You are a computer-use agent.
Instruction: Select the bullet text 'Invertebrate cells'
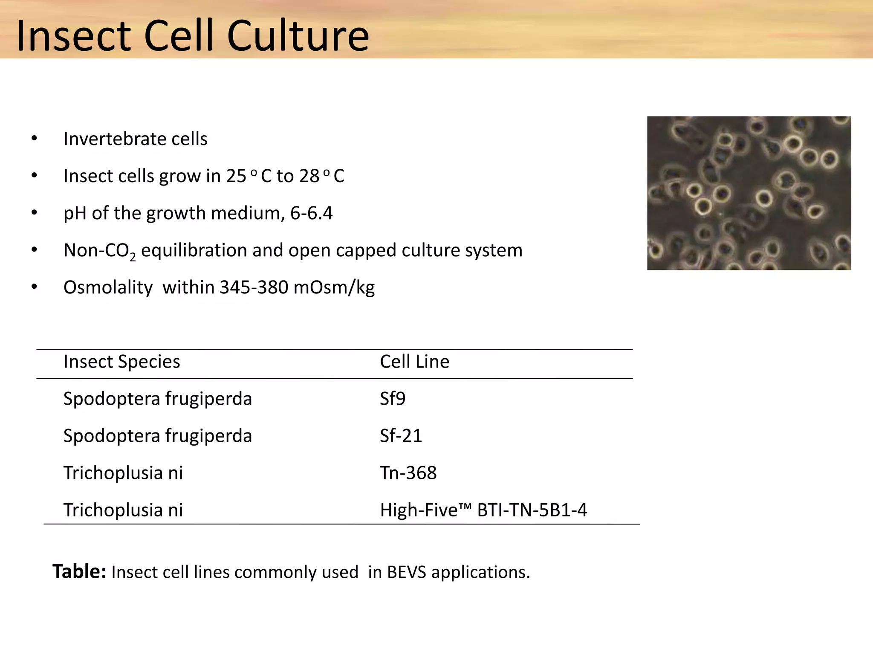[135, 139]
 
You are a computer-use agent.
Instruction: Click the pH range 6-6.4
[311, 213]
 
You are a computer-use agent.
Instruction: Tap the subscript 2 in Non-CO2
[133, 257]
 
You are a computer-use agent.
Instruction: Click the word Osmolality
[108, 287]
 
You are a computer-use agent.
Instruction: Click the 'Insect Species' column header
[121, 362]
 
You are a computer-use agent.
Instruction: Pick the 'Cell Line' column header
[414, 362]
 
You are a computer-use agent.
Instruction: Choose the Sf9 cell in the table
[392, 399]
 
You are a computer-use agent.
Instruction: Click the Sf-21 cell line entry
[401, 436]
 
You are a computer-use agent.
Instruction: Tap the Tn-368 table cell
[408, 473]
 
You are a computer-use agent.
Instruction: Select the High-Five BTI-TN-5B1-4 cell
[483, 510]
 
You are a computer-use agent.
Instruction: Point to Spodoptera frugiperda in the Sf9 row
[157, 399]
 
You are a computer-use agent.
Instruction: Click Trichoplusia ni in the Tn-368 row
[123, 473]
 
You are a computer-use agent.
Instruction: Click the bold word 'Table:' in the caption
[79, 571]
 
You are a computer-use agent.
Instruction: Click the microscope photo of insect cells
[749, 193]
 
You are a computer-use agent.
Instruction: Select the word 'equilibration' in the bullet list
[194, 250]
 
